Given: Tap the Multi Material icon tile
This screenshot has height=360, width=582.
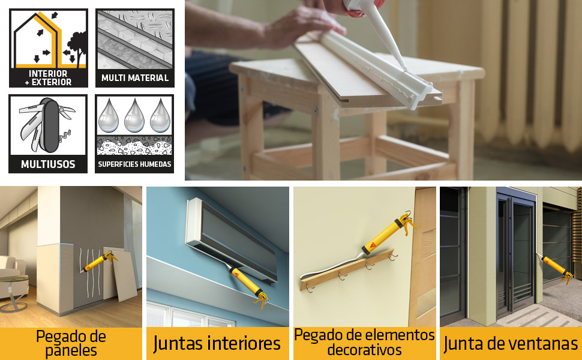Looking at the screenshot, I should (x=134, y=47).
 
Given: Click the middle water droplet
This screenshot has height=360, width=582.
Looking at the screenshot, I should (x=134, y=116).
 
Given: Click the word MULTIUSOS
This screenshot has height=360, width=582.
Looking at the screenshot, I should (x=48, y=164).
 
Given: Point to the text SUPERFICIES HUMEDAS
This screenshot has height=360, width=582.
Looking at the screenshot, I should (x=134, y=164).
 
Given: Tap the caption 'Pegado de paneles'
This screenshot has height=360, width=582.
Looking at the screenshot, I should (x=71, y=343).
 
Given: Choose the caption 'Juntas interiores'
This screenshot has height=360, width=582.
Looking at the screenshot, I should (x=217, y=343).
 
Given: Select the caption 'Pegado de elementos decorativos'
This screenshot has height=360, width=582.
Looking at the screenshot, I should (x=364, y=343).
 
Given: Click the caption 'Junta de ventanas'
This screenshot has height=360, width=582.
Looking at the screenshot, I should (x=511, y=343).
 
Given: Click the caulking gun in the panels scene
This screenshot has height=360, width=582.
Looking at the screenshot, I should (x=99, y=262).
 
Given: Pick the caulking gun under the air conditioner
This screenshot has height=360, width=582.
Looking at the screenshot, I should (x=249, y=287).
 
